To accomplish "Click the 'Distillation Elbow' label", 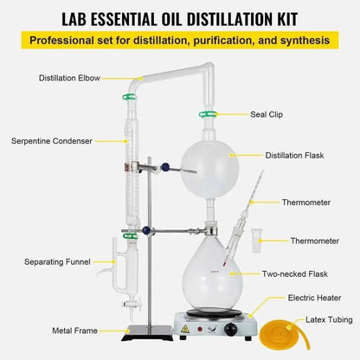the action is [x=69, y=78].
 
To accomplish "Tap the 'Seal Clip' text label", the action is [x=267, y=114].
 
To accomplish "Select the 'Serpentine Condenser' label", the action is [x=52, y=141].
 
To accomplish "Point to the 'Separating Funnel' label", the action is [x=57, y=262].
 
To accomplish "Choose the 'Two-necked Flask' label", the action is [x=295, y=273].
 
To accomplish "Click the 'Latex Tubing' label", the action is [x=329, y=319].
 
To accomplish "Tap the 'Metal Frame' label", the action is [x=74, y=331].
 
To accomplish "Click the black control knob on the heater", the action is [x=231, y=329].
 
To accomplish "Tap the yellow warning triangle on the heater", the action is [x=185, y=329].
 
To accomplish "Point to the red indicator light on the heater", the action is [x=200, y=329].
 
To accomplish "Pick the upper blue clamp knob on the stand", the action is [x=165, y=167].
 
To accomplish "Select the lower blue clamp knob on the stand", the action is [x=147, y=230].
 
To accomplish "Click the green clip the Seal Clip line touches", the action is [x=208, y=114].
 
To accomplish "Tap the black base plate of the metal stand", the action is [x=147, y=332].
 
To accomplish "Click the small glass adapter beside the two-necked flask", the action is [x=256, y=241].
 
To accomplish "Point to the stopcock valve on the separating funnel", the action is [x=132, y=305].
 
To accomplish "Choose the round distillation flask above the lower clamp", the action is [x=209, y=170].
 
